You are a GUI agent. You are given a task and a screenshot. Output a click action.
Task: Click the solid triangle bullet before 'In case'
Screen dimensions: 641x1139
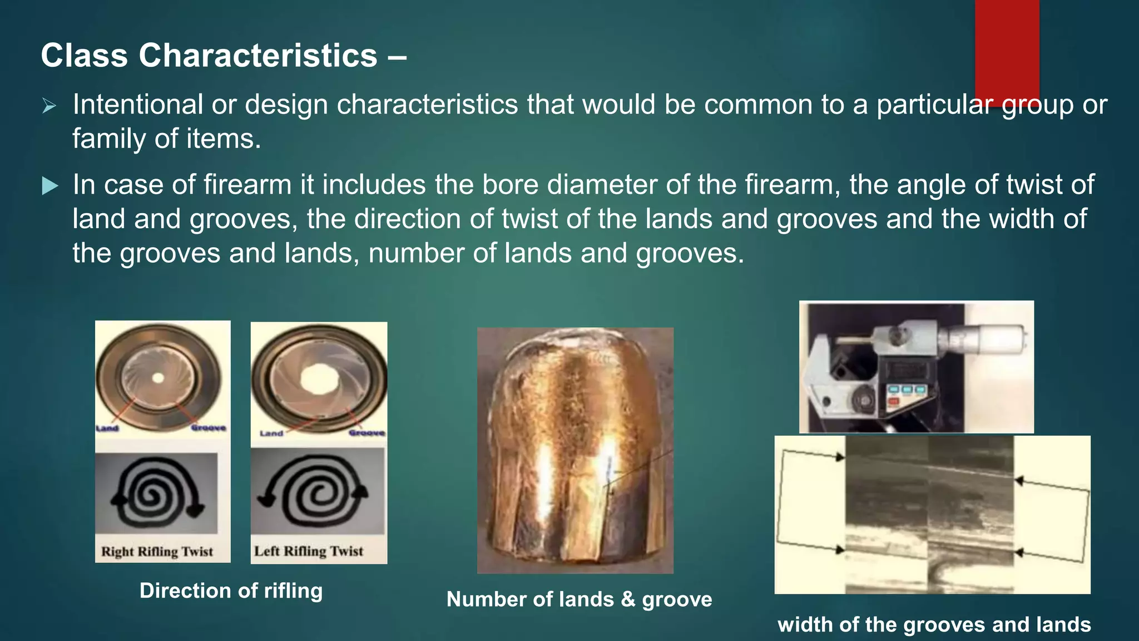tap(50, 186)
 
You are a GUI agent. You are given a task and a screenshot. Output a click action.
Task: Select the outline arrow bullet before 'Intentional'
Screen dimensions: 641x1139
tap(49, 105)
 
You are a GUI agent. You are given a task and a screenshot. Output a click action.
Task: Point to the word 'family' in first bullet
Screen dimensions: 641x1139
tap(109, 139)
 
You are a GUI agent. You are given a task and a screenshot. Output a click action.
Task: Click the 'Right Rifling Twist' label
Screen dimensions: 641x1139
tap(157, 551)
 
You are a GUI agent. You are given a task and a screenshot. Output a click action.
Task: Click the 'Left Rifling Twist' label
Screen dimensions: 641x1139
tap(309, 551)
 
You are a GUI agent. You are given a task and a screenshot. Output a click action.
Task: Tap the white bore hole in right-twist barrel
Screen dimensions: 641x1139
tap(158, 378)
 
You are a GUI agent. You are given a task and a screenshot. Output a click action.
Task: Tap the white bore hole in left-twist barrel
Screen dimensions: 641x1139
tap(319, 379)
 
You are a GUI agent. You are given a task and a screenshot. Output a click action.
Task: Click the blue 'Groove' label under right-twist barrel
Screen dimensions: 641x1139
tap(208, 428)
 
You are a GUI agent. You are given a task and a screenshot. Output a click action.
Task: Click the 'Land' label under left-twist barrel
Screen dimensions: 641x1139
tap(271, 433)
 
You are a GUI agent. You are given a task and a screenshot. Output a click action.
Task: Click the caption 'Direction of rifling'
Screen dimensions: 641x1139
tap(231, 590)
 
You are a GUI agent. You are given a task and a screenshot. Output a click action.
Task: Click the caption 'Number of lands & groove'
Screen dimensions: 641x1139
tap(579, 599)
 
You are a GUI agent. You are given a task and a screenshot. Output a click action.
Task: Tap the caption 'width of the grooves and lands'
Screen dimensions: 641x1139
tap(934, 624)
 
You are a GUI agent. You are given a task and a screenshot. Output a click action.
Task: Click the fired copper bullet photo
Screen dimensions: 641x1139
tap(575, 451)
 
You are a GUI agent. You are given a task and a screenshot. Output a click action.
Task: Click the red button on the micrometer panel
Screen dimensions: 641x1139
tap(892, 402)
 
